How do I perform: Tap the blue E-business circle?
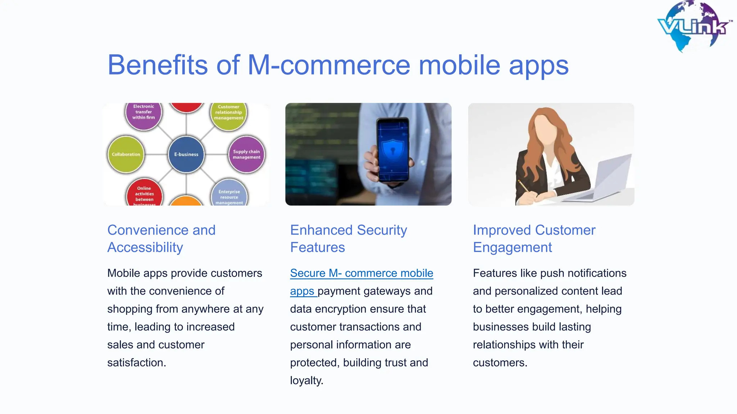(x=186, y=155)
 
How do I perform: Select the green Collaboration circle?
(x=126, y=155)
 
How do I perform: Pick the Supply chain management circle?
(x=247, y=155)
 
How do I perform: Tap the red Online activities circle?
(x=144, y=194)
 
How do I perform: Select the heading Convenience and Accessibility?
(x=161, y=239)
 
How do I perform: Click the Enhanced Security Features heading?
(x=348, y=239)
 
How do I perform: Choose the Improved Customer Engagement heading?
(x=534, y=239)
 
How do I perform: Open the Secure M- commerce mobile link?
(x=361, y=273)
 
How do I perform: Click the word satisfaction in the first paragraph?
(x=136, y=363)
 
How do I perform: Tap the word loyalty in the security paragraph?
(x=306, y=381)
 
